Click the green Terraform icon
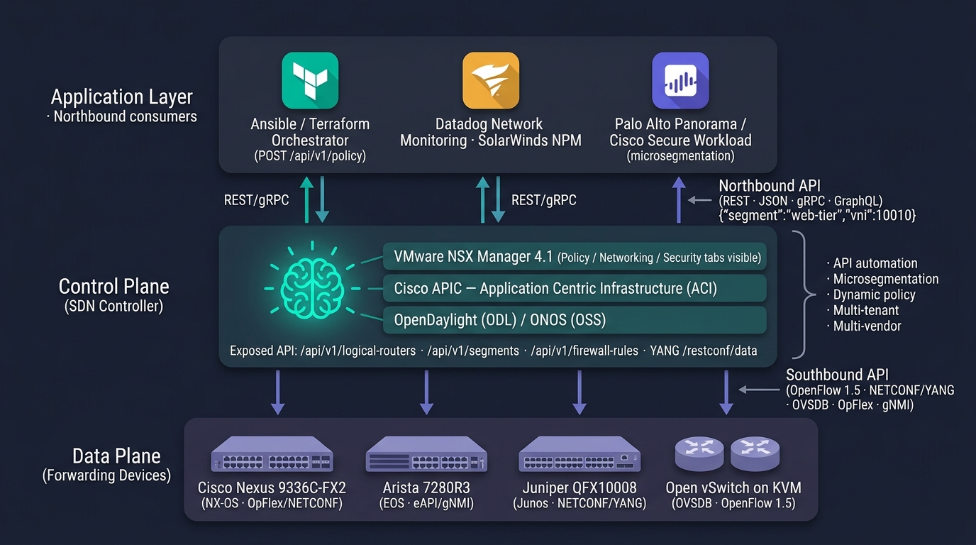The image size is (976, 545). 310,81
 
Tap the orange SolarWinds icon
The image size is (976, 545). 491,81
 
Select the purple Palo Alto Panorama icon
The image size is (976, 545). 680,81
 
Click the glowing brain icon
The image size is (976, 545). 312,288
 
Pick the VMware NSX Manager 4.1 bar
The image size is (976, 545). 575,256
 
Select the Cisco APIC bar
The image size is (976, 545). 575,288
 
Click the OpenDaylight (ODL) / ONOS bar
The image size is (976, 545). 575,320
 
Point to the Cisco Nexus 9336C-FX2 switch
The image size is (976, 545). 272,454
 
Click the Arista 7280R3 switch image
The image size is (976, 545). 426,454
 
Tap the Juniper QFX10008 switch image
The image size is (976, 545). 579,454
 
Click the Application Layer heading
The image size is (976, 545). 121,97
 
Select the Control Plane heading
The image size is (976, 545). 113,287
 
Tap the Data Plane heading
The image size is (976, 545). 116,456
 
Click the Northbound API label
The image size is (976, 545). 770,186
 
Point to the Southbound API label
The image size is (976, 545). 837,375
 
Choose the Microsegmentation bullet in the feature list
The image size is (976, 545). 883,279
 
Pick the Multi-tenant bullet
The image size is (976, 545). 863,310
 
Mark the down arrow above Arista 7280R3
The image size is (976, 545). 426,392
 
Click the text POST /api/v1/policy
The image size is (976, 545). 310,156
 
